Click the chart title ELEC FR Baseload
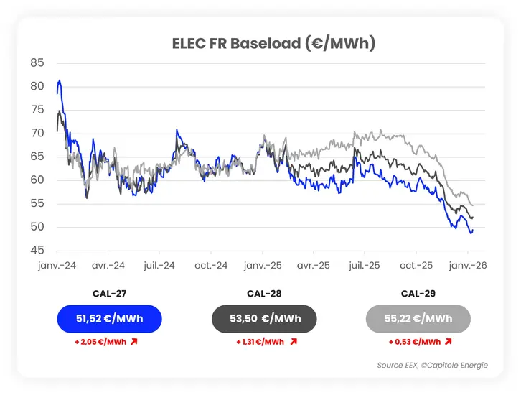point(273,43)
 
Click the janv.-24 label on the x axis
point(57,266)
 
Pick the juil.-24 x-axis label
point(159,266)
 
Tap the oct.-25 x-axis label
point(416,266)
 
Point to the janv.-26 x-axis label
point(468,266)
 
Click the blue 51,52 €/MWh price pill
point(108,319)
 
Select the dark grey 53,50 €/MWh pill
point(265,319)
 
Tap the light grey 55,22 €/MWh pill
point(418,319)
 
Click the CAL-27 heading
point(108,293)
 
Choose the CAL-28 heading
point(265,293)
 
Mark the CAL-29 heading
point(418,293)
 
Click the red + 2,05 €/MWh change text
point(100,342)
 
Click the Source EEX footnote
point(433,366)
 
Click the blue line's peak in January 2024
point(60,81)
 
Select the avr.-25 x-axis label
point(314,266)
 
